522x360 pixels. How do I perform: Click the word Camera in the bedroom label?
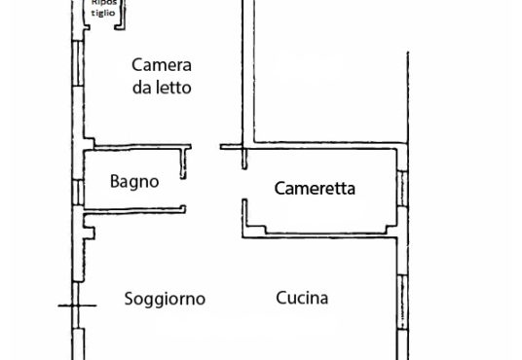coord(162,65)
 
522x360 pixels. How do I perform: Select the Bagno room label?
coord(134,182)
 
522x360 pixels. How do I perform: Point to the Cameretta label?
coord(315,189)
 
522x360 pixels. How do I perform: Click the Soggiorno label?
coord(165,299)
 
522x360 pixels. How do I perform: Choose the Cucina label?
coord(302,298)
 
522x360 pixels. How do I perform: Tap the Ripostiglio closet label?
coord(103,8)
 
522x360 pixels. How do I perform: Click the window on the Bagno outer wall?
coord(78,193)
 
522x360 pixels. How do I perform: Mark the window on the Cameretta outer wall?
coord(402,189)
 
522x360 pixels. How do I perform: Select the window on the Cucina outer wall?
coord(402,302)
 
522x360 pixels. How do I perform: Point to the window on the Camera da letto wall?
coord(78,63)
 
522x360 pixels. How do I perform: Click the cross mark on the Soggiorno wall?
coord(77,306)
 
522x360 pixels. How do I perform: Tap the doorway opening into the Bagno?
coord(184,193)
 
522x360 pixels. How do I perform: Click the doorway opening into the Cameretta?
coord(244,184)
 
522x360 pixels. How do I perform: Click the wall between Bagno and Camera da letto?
coord(142,147)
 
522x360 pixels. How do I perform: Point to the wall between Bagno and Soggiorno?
coord(134,210)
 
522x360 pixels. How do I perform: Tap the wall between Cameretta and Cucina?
coord(319,234)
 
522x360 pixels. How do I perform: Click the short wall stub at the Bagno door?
coord(183,163)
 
